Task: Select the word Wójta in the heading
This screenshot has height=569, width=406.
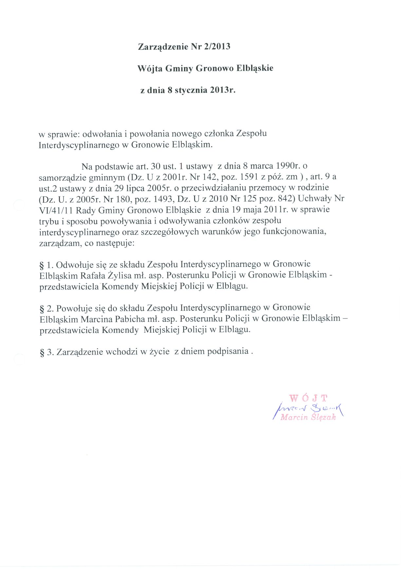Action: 149,68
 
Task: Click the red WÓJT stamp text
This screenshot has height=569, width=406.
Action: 308,398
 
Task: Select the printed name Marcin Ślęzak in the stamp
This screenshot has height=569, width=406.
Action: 308,417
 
